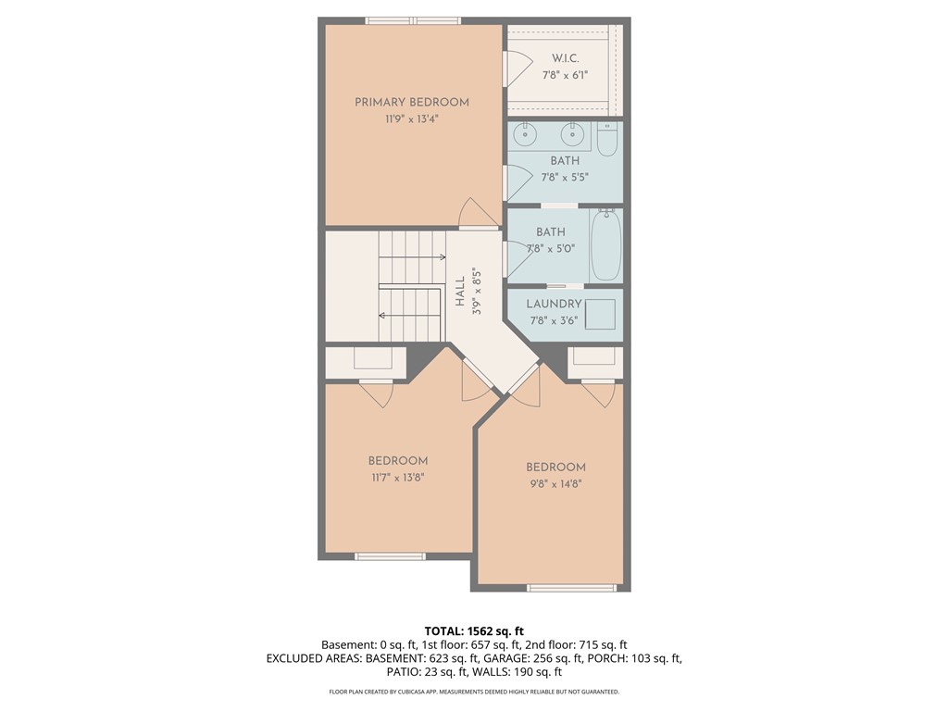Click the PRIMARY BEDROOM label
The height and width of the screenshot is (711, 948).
point(412,102)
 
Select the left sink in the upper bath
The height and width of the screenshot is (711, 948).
point(526,135)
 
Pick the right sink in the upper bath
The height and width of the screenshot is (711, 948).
point(574,135)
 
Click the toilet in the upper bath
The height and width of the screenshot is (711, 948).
point(607,140)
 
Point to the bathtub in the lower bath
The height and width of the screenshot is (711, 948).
point(606,245)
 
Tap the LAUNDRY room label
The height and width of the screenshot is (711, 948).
point(554,304)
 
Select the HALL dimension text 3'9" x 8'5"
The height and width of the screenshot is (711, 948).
point(477,293)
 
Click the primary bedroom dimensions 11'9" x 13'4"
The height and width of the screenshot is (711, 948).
point(412,119)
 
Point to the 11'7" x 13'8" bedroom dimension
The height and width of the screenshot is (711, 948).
point(398,478)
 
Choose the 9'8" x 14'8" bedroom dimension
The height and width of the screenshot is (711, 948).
point(555,483)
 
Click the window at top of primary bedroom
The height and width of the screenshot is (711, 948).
point(412,20)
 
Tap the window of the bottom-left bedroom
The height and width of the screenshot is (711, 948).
point(390,556)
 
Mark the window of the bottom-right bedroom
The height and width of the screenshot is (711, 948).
point(571,587)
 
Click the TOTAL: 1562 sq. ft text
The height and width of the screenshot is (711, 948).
point(474,630)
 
